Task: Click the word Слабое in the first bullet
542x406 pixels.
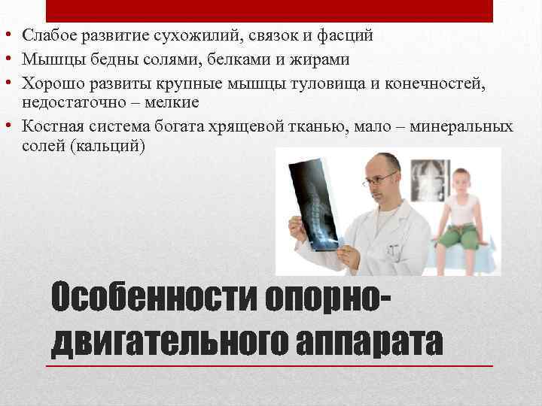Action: [47, 35]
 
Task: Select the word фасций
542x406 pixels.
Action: [349, 35]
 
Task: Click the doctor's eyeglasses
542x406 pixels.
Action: [381, 179]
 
